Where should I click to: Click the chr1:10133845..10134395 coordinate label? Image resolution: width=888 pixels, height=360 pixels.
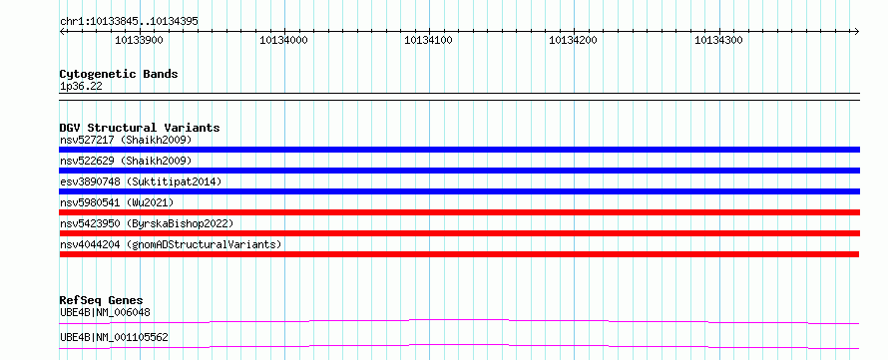[x=129, y=22]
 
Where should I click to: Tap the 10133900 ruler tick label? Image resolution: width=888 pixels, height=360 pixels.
[x=140, y=40]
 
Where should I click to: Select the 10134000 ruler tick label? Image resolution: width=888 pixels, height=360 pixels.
[x=283, y=40]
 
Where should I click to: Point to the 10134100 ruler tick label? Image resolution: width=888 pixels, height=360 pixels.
[x=429, y=40]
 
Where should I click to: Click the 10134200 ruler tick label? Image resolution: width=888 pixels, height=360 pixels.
[x=574, y=40]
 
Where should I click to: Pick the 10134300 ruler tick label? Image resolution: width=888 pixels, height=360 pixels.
[x=718, y=40]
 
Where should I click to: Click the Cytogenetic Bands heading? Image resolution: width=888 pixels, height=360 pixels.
[x=119, y=74]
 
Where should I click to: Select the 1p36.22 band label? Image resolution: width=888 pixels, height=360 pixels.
[x=81, y=87]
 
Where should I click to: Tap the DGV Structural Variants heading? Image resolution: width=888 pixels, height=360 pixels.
[x=140, y=128]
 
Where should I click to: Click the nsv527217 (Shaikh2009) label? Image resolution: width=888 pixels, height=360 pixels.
[x=126, y=140]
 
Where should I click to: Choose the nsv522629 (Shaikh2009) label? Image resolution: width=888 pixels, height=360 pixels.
[x=126, y=161]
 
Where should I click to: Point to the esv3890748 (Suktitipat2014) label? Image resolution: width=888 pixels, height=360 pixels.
[x=141, y=181]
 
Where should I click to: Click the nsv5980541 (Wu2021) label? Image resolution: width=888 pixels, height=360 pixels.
[x=117, y=202]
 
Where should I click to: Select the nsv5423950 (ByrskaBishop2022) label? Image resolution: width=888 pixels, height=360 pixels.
[x=146, y=223]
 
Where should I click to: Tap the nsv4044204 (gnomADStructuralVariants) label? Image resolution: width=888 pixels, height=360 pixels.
[x=171, y=244]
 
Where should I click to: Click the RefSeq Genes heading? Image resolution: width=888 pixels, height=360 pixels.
[x=102, y=300]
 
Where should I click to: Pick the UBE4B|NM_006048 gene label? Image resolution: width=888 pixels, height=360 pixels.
[x=105, y=312]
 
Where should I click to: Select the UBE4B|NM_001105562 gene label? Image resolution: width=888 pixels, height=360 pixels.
[x=114, y=338]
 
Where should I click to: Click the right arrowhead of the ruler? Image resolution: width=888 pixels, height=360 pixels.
[x=857, y=31]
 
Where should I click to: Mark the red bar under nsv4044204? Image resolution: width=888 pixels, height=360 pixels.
[x=459, y=254]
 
